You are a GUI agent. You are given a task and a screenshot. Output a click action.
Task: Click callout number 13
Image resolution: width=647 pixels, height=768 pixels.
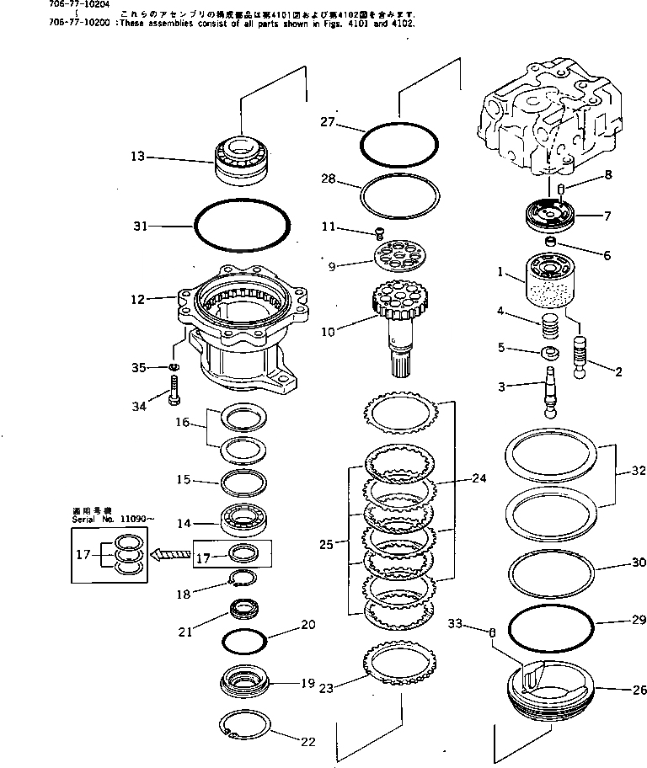coord(137,156)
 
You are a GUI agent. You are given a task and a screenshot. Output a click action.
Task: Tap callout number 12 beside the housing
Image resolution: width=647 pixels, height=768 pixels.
coord(138,298)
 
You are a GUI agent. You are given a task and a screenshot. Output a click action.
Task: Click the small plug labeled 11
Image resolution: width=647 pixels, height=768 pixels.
coord(380,232)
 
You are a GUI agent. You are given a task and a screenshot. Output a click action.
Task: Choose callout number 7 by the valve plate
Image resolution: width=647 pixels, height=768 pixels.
coord(606,216)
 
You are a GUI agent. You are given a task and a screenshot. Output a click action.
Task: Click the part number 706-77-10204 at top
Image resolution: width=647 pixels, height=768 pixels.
coord(26,3)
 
